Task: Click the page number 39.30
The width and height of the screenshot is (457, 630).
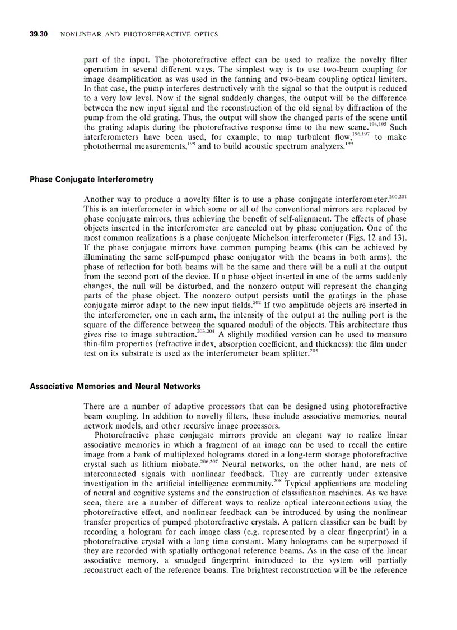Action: [39, 35]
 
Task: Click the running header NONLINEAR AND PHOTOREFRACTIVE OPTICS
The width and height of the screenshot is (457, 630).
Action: [139, 35]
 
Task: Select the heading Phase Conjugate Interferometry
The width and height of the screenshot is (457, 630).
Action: [91, 180]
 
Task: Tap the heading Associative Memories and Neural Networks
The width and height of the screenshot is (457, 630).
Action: [115, 387]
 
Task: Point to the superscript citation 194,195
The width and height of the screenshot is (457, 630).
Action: [377, 125]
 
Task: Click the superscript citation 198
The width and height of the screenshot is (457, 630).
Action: [190, 144]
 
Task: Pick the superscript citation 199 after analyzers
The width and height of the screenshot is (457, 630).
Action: [349, 144]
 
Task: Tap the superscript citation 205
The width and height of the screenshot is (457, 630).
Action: [314, 350]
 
